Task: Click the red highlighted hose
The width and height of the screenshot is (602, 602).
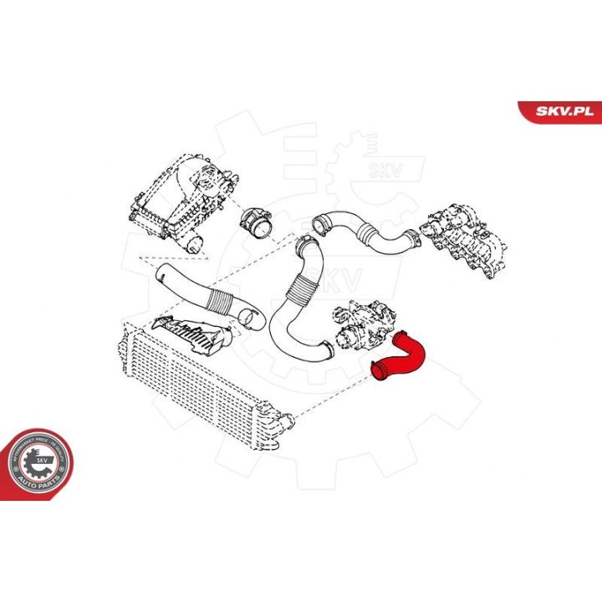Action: click(401, 360)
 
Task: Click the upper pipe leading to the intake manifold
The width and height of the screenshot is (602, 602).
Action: click(368, 234)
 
